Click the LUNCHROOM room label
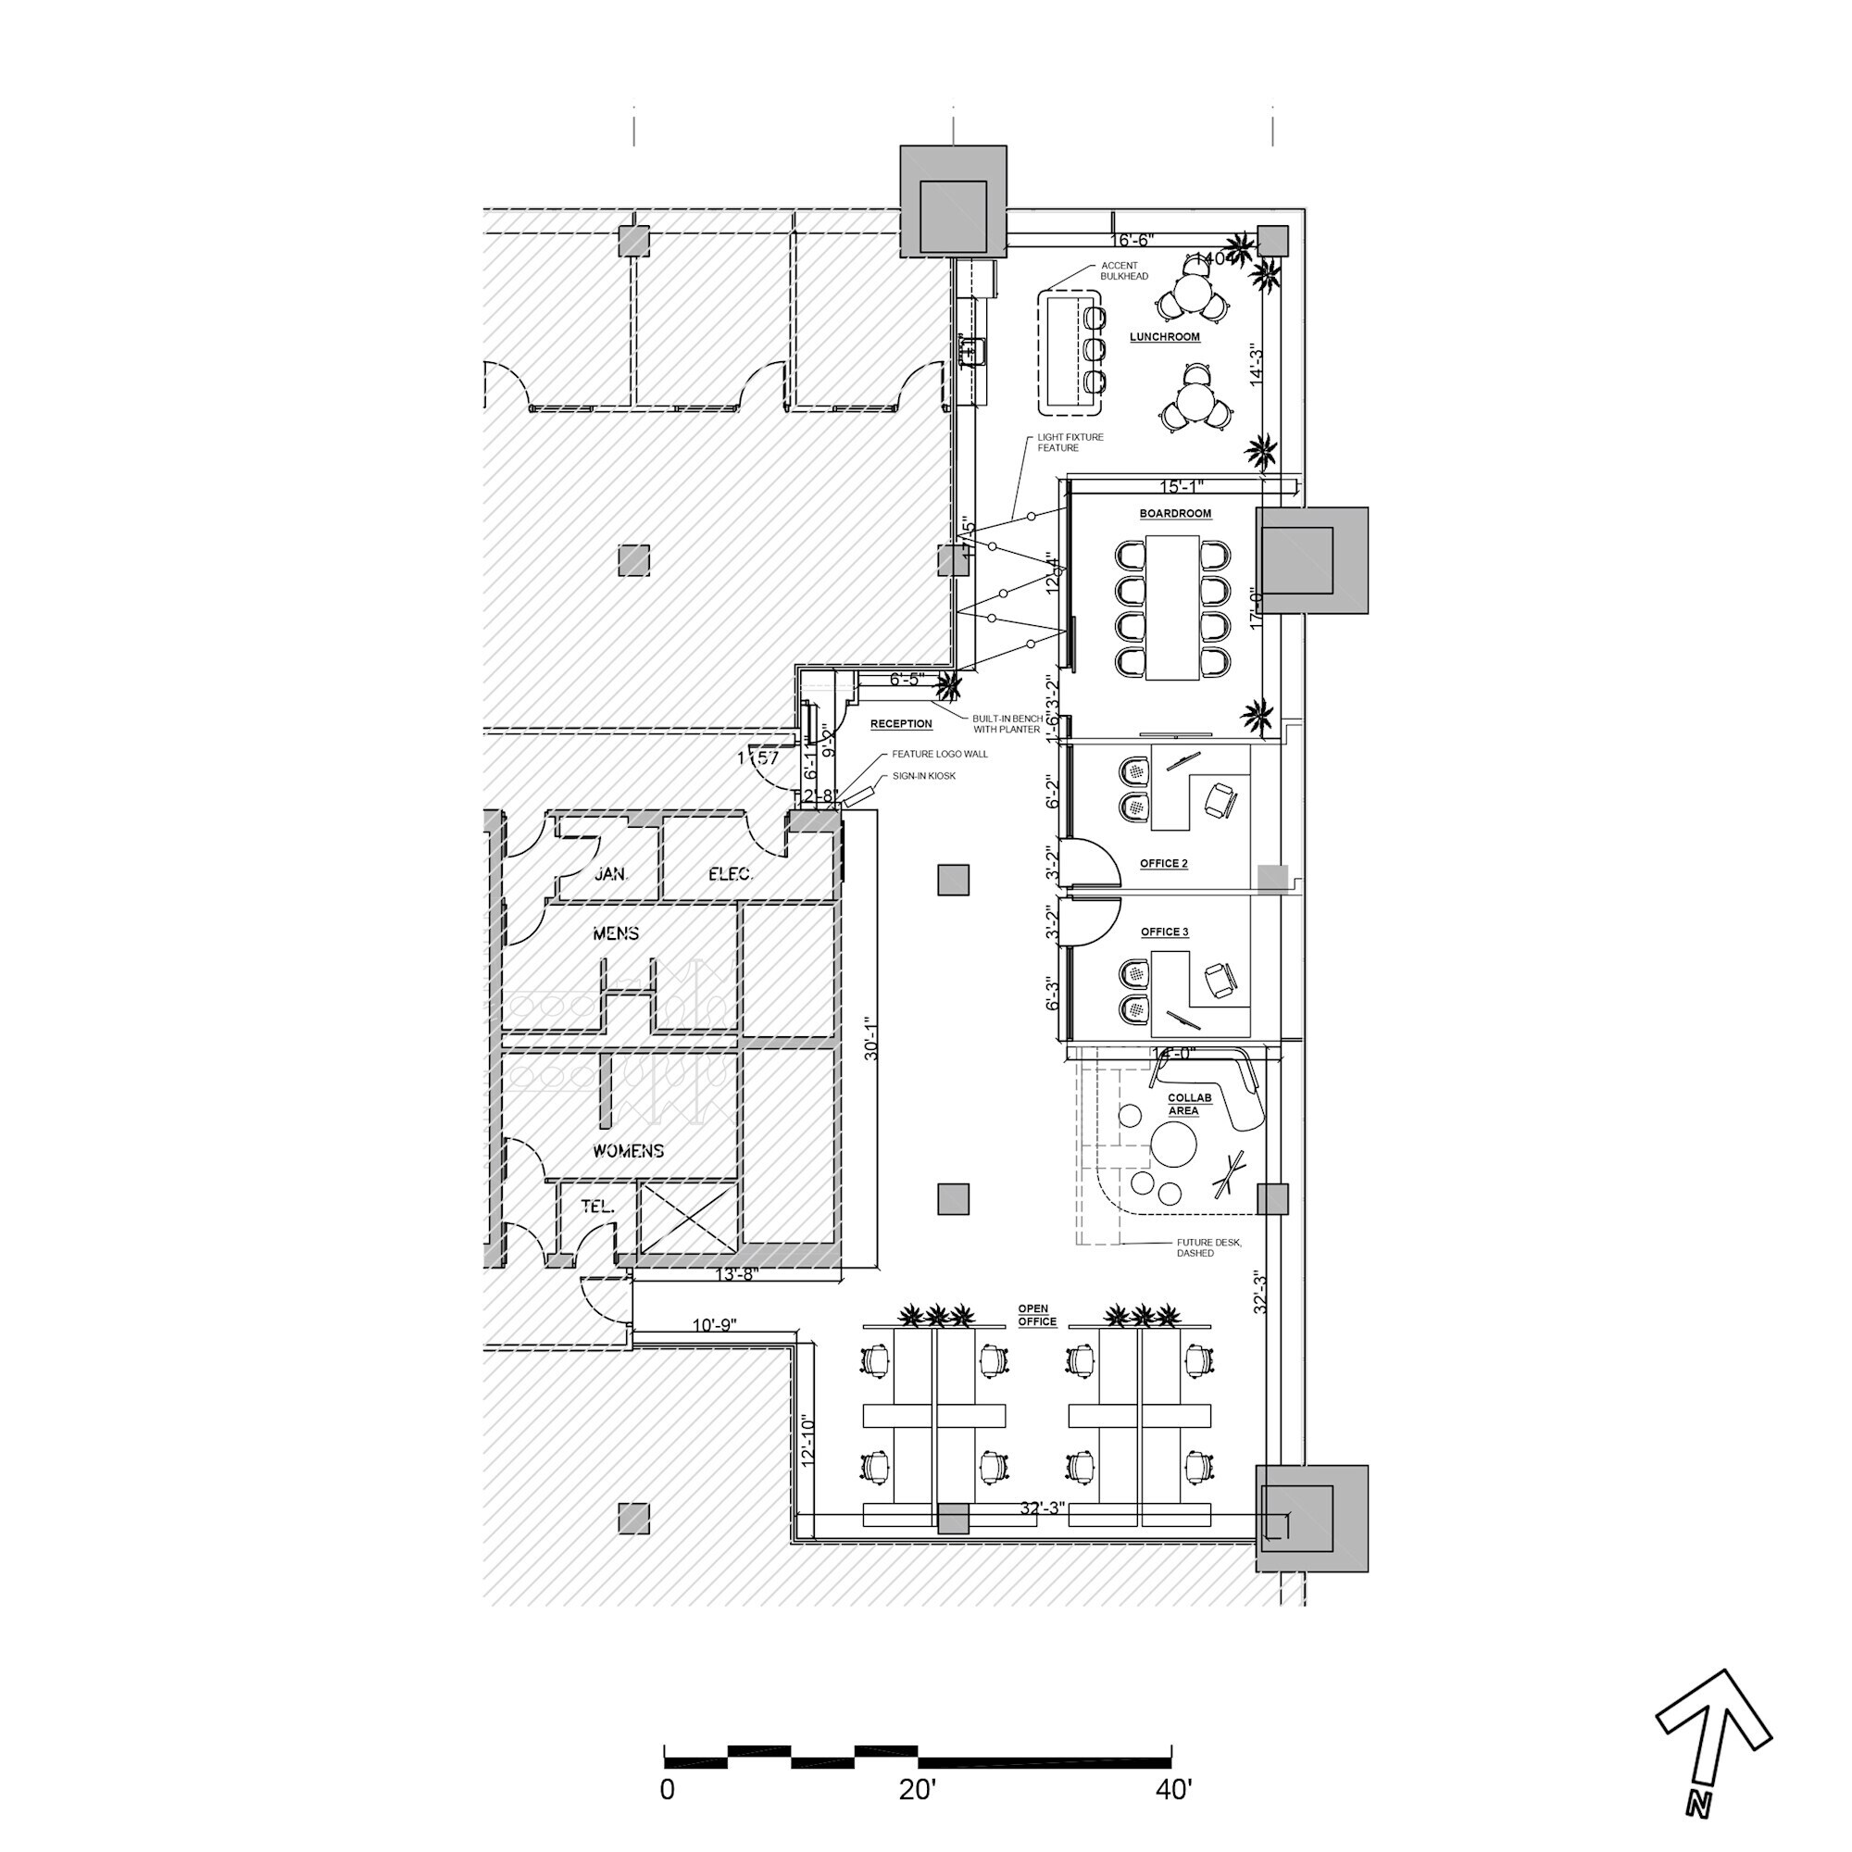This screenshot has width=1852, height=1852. (x=1164, y=337)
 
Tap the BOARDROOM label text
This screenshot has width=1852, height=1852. (x=1174, y=514)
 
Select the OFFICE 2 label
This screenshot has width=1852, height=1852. (x=1163, y=864)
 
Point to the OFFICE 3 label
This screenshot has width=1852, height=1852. (x=1164, y=932)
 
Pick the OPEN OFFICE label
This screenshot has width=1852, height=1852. (x=1036, y=1315)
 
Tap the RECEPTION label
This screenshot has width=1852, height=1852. (x=900, y=725)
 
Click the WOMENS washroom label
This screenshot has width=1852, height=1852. (x=628, y=1150)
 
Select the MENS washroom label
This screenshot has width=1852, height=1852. (x=616, y=932)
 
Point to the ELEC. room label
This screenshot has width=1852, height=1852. (x=730, y=874)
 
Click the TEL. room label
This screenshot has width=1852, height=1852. (x=597, y=1207)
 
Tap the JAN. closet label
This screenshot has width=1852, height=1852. (x=610, y=874)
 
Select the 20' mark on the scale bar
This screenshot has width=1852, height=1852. (x=918, y=1790)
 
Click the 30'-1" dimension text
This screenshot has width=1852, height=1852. (x=870, y=1039)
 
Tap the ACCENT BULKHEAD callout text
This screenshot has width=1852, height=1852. (x=1123, y=271)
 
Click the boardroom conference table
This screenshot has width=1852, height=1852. (x=1171, y=607)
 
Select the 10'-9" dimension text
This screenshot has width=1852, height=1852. (x=713, y=1326)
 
